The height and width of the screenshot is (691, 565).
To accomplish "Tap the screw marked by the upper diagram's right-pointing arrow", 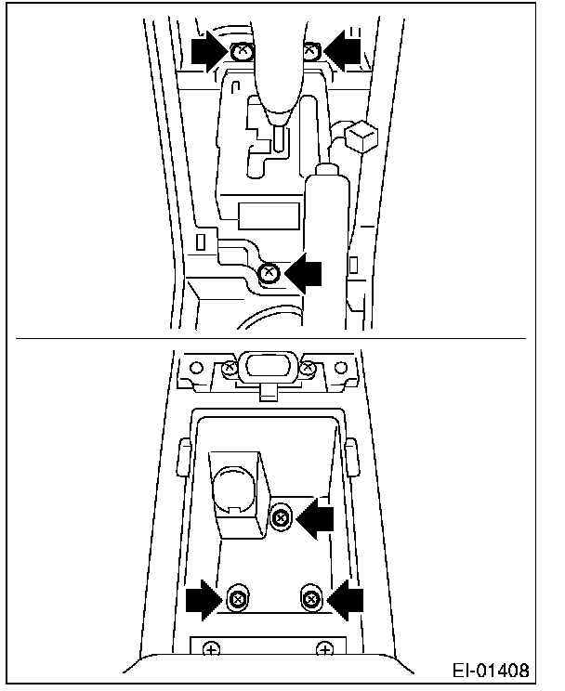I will pos(241,53).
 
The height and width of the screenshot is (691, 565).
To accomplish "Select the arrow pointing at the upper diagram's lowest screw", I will pos(303,273).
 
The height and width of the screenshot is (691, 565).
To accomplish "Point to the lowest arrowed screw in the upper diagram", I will pos(269,273).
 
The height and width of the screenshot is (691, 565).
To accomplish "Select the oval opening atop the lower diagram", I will pos(268,363).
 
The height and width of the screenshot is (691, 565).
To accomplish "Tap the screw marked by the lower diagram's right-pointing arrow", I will pos(238,599).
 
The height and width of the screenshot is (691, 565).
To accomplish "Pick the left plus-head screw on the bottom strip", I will pos(212,649).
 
